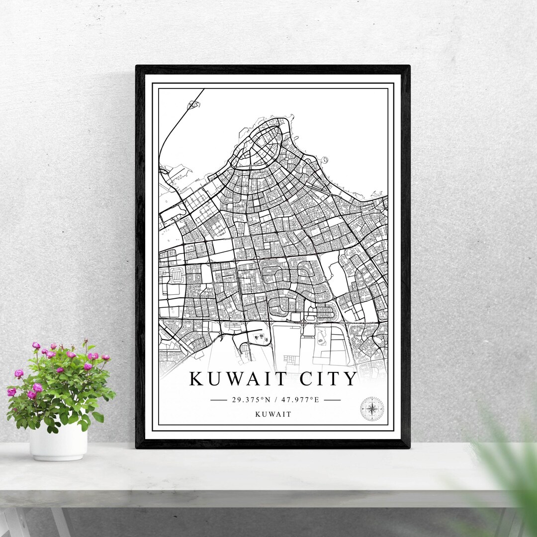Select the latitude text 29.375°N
(250, 400)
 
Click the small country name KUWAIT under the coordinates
(273, 414)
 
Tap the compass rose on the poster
(371, 409)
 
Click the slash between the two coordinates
(275, 400)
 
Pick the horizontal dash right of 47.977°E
(332, 400)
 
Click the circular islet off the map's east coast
(325, 160)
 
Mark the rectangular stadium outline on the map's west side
(176, 275)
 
